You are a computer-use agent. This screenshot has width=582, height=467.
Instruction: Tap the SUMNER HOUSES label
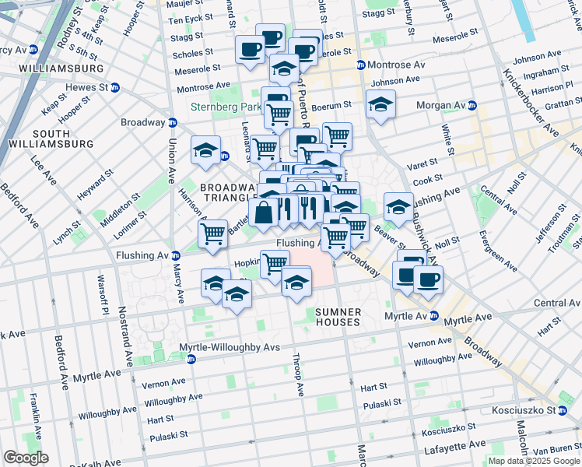coord(338,317)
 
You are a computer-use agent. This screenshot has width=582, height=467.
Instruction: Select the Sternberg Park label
coord(227,107)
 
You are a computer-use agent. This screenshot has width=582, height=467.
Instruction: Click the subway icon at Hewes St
coord(114,87)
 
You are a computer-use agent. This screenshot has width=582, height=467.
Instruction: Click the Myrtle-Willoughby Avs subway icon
coord(191,359)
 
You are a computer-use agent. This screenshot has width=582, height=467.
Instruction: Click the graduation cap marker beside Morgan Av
coord(380,104)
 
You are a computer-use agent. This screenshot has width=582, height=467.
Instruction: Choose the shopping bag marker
coord(265,212)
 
